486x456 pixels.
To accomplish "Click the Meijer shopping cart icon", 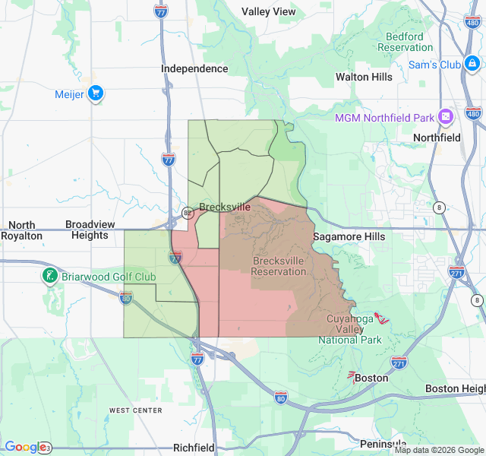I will [96, 94].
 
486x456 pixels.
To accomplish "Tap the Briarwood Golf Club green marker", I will [50, 277].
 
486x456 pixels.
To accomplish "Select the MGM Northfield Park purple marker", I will [445, 118].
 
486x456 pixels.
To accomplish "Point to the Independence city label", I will [194, 68].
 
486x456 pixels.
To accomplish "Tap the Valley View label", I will [269, 11].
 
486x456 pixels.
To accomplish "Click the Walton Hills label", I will [364, 77].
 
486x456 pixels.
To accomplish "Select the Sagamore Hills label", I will [349, 236].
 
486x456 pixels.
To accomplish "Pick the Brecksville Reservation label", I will [279, 266].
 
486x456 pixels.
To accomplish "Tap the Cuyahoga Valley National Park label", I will [350, 329].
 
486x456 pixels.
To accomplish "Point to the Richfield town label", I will [194, 448].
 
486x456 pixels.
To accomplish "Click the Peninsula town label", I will [383, 443].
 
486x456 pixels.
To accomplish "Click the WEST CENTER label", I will [135, 410].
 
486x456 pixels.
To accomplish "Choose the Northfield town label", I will [437, 138].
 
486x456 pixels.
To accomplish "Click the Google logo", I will [25, 447].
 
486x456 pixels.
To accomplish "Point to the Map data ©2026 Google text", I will [437, 450].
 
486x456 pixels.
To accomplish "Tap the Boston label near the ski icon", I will [371, 378].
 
